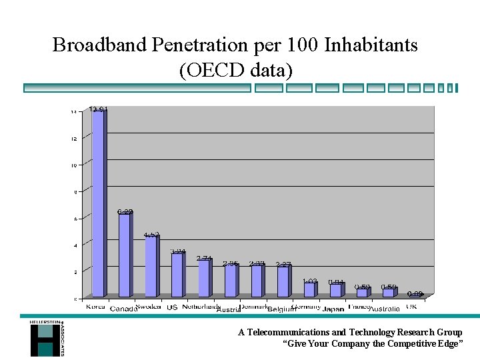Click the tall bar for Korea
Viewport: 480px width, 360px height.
click(x=98, y=203)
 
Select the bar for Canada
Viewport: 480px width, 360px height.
click(x=125, y=255)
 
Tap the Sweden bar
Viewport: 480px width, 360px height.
click(x=151, y=267)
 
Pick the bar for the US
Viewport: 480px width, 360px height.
click(x=177, y=275)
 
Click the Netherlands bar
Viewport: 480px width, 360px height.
click(x=204, y=278)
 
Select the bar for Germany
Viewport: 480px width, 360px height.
click(x=309, y=290)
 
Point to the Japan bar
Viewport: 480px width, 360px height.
click(x=335, y=291)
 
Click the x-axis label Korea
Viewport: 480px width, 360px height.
click(x=96, y=307)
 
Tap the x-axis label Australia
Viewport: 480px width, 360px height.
click(x=384, y=309)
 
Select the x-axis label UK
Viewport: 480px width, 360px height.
click(x=411, y=307)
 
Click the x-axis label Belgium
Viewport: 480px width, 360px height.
click(x=283, y=309)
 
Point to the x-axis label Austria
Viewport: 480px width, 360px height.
click(x=229, y=309)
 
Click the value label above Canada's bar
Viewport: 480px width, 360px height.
click(x=125, y=212)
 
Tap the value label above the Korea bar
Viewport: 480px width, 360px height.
click(x=99, y=109)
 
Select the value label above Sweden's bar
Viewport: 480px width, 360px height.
click(x=151, y=235)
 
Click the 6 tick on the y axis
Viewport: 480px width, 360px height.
click(x=75, y=219)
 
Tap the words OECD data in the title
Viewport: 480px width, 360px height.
click(x=235, y=69)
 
